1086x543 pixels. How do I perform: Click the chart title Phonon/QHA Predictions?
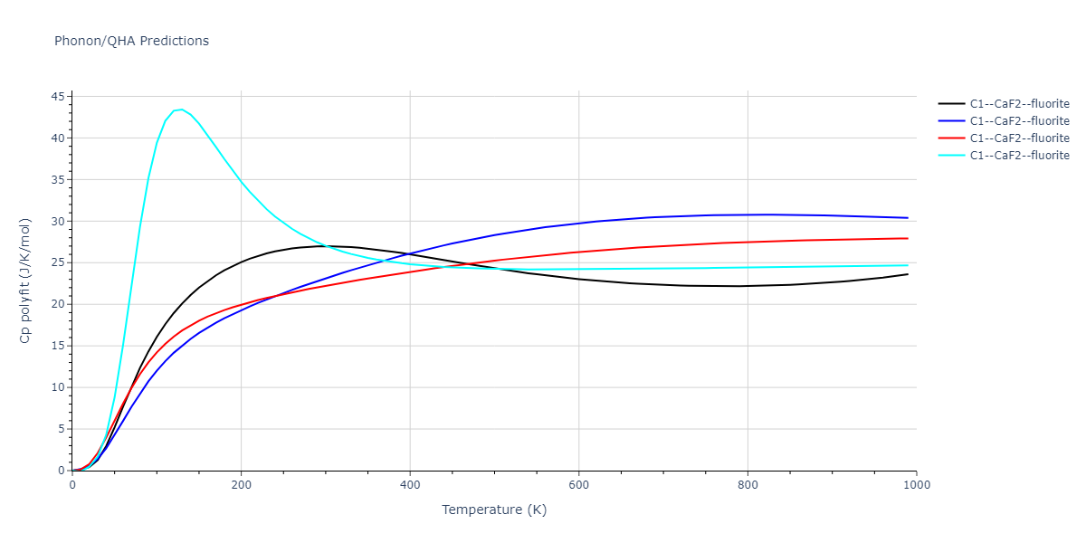[131, 41]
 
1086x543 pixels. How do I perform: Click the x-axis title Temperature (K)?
[494, 510]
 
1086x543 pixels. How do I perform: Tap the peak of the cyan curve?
[181, 110]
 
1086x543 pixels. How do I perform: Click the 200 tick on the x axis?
[241, 484]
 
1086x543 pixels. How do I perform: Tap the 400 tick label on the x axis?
[410, 484]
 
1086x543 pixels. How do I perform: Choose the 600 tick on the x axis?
[579, 484]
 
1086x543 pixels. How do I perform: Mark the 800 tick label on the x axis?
[748, 484]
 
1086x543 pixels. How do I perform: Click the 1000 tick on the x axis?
[917, 484]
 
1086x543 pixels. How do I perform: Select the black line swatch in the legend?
[950, 104]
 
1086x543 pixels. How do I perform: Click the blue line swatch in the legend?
[950, 121]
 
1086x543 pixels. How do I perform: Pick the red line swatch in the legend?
[950, 138]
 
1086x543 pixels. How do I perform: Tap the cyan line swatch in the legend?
[950, 156]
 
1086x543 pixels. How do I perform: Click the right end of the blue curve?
[908, 218]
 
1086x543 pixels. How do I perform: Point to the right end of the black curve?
[908, 274]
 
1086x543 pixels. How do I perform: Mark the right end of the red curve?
[908, 238]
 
